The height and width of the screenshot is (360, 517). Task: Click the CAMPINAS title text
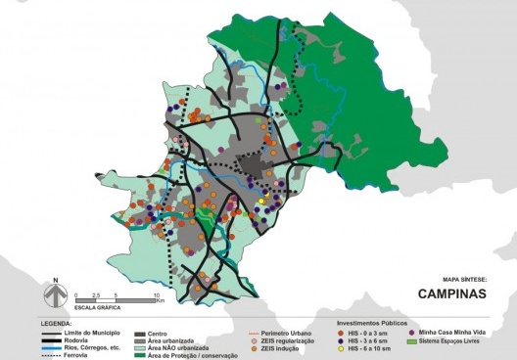[x=452, y=292]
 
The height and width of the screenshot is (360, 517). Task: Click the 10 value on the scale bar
[x=156, y=293]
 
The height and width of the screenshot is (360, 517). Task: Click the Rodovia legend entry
[x=79, y=337]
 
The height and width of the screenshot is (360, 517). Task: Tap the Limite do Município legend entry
[x=93, y=330]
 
